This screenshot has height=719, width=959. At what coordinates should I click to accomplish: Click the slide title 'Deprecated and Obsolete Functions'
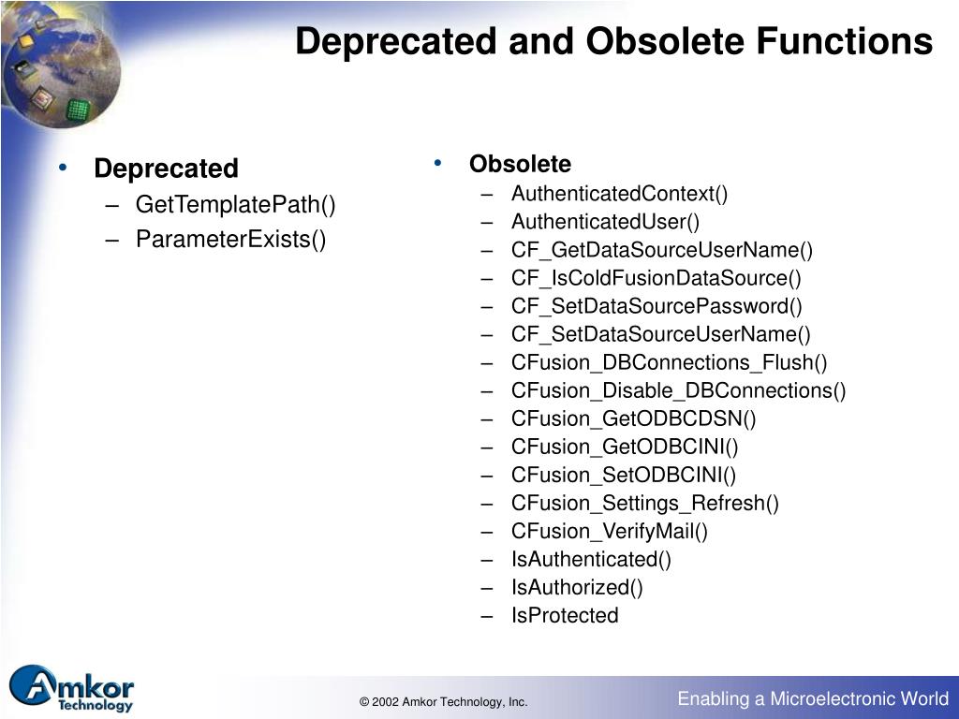[613, 42]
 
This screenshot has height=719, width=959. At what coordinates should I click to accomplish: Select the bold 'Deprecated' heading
[166, 169]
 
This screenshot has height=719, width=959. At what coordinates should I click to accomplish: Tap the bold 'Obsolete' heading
[520, 164]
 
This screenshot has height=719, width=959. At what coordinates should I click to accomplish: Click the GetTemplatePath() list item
[235, 204]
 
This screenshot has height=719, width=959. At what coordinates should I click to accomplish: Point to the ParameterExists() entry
[230, 240]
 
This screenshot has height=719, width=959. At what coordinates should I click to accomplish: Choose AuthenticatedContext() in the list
[619, 194]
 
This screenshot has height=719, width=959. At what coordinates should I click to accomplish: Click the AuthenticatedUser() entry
[605, 222]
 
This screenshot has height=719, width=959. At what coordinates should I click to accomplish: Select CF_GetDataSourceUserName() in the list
[662, 250]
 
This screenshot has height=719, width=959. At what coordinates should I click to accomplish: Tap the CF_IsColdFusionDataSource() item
[657, 278]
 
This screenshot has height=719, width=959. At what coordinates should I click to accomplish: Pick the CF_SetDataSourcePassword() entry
[657, 306]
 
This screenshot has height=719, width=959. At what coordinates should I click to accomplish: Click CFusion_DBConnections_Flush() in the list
[669, 362]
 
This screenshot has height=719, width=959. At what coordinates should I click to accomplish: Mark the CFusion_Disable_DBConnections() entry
[678, 390]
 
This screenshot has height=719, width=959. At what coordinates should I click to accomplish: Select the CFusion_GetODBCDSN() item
[633, 418]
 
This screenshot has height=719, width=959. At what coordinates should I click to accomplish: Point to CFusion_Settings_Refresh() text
[644, 503]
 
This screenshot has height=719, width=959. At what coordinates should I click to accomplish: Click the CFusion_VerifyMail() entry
[610, 531]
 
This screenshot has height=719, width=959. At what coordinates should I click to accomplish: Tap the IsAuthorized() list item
[577, 587]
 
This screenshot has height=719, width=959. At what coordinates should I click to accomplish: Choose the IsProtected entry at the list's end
[565, 615]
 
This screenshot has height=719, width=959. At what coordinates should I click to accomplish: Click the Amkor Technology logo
[72, 689]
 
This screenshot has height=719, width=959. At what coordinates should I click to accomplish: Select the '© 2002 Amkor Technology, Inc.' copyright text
[443, 702]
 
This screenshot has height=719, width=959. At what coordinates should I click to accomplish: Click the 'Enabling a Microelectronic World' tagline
[813, 698]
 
